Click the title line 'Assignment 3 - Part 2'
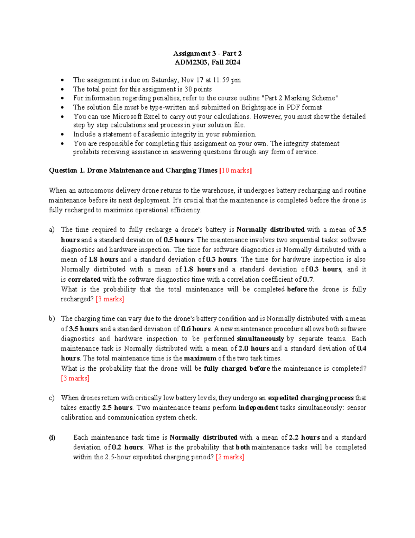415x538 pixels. pos(207,53)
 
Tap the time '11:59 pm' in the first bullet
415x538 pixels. pos(227,80)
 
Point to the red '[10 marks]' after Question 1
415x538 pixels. pos(236,170)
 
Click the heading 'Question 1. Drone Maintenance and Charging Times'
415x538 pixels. pos(133,170)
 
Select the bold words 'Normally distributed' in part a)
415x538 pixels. pos(270,230)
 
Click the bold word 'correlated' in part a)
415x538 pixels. pos(84,279)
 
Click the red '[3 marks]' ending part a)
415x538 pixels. pos(110,299)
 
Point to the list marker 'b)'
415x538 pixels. pos(52,319)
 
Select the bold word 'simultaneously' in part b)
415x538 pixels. pos(260,339)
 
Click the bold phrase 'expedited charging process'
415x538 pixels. pos(311,398)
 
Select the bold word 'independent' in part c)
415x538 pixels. pos(258,408)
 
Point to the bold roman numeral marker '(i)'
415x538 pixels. pos(52,438)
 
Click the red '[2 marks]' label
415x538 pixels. pos(230,457)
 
